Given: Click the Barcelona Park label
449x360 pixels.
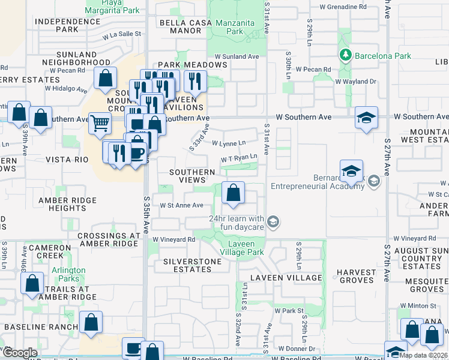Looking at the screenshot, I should tap(382, 56).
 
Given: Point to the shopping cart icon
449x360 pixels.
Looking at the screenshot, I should tap(100, 123).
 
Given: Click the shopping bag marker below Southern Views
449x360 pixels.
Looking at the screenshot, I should tap(233, 193).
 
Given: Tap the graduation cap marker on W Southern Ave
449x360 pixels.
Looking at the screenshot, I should tap(366, 118).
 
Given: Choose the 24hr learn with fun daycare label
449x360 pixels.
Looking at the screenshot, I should tap(237, 223).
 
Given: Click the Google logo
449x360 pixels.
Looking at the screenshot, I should tap(20, 352).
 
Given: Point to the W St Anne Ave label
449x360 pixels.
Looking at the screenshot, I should tap(181, 205).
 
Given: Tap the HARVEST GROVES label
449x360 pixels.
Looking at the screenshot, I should tap(356, 277).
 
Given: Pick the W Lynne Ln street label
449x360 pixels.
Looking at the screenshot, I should tap(229, 143).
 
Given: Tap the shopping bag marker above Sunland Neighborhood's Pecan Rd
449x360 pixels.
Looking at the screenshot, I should tap(105, 79).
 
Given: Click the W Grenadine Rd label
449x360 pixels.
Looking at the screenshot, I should tap(343, 7).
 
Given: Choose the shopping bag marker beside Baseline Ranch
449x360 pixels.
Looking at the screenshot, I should tap(91, 322).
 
